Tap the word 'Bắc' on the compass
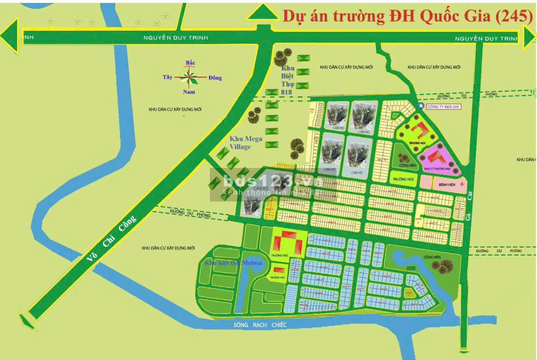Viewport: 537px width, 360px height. click(190, 63)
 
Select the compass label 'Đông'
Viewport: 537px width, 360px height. click(215, 78)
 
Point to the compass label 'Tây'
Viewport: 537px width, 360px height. click(167, 77)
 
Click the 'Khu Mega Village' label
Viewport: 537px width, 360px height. click(246, 143)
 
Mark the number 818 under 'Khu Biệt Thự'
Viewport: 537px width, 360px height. click(286, 92)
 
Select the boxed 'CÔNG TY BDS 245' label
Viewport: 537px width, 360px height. click(443, 107)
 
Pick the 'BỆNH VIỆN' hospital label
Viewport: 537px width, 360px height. click(446, 184)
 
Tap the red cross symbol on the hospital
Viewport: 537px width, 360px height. click(461, 184)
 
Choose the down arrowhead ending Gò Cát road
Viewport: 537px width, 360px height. click(465, 349)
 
